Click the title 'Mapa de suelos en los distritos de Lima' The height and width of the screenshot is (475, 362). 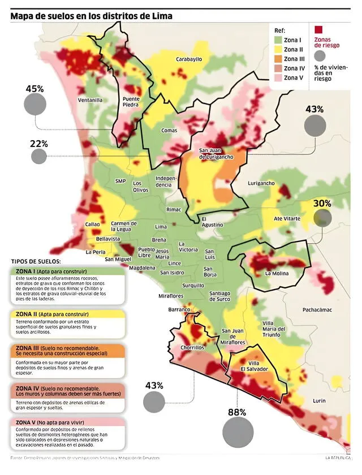pyautogui.click(x=91, y=16)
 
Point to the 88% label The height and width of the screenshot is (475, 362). pyautogui.click(x=237, y=412)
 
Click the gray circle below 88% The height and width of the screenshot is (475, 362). pyautogui.click(x=238, y=433)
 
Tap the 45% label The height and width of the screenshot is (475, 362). pyautogui.click(x=35, y=89)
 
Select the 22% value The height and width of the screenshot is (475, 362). pyautogui.click(x=39, y=144)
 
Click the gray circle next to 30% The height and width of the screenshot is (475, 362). pyautogui.click(x=322, y=218)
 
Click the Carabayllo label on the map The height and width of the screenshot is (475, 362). pyautogui.click(x=189, y=59)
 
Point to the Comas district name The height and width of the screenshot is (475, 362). pyautogui.click(x=169, y=131)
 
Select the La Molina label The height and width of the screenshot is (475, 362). pyautogui.click(x=277, y=273)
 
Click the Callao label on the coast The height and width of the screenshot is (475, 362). pyautogui.click(x=92, y=224)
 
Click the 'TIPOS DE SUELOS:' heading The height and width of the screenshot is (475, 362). pyautogui.click(x=36, y=261)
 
